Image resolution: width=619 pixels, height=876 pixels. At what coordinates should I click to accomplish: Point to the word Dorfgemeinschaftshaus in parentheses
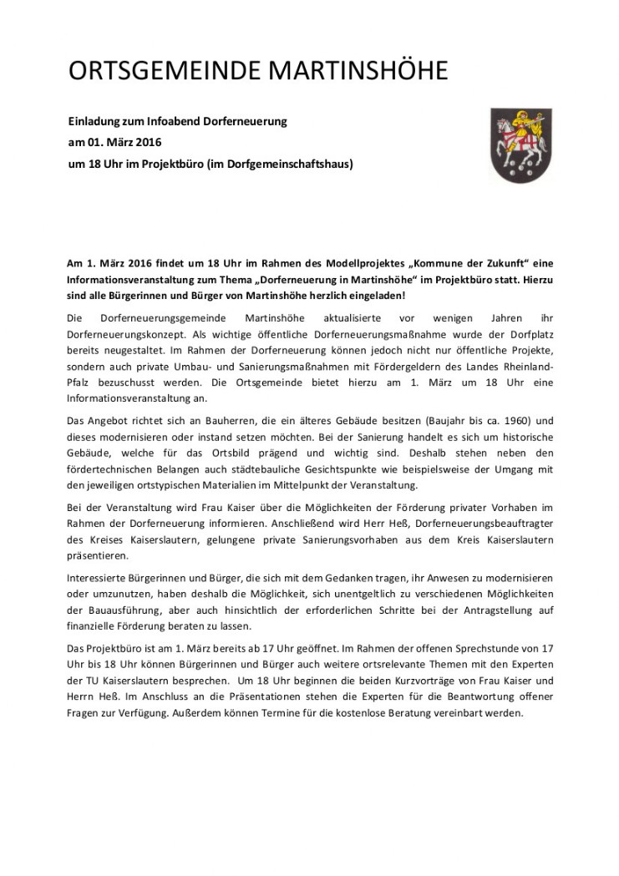(x=293, y=164)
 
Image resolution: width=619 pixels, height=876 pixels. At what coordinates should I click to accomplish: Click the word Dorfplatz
(x=526, y=334)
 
